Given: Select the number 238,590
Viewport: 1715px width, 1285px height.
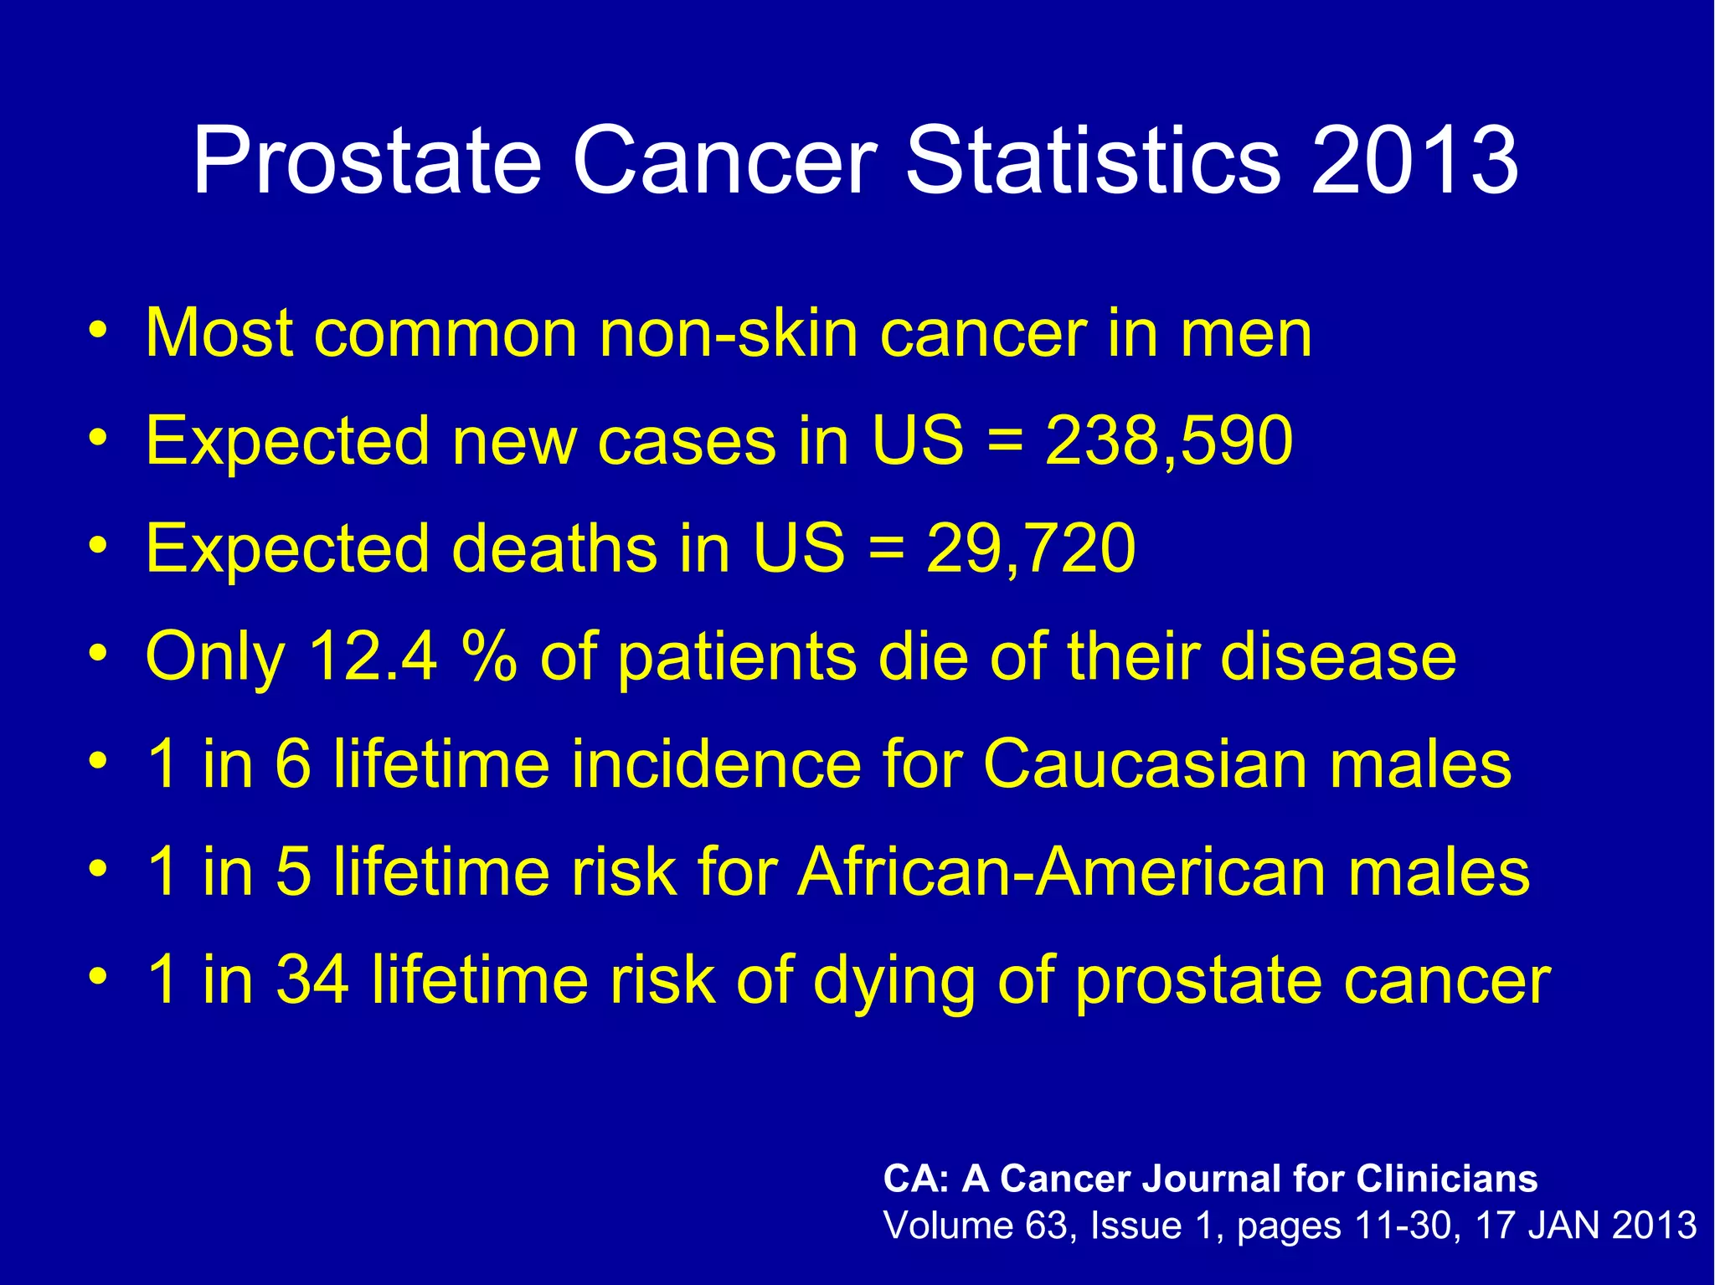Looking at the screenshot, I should click(1169, 441).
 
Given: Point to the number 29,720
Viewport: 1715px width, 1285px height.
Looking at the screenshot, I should click(1030, 548).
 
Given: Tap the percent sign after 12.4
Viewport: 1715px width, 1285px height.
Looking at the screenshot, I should click(489, 656).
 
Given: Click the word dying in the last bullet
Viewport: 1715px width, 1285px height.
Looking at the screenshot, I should click(894, 981).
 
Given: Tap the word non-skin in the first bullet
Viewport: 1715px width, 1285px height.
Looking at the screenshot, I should click(729, 333).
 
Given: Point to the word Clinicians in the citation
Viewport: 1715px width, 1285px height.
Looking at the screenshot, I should click(1446, 1179).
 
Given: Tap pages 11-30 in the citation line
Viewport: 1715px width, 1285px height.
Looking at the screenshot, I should click(1343, 1226).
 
